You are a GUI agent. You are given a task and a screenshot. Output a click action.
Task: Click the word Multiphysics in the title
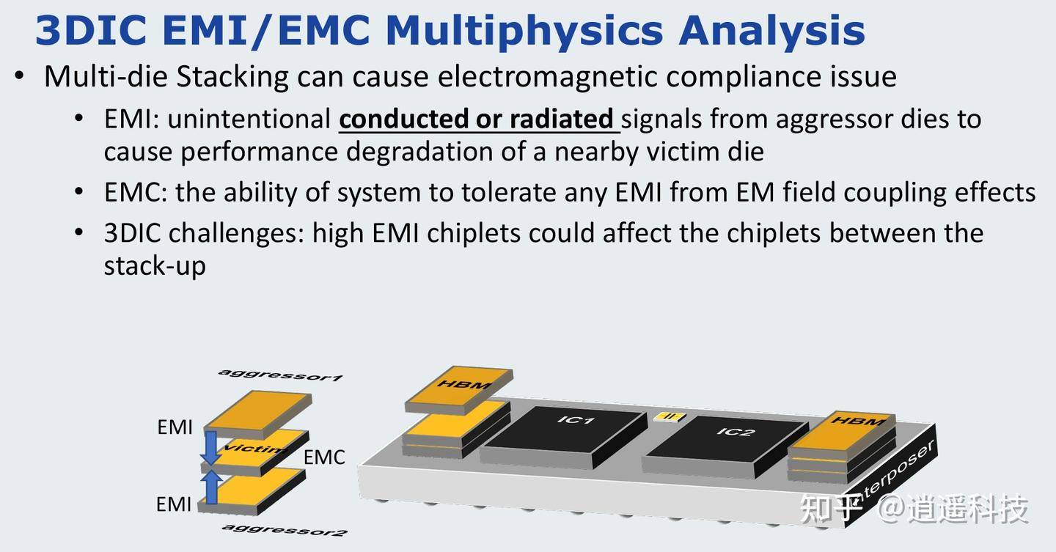[x=524, y=32]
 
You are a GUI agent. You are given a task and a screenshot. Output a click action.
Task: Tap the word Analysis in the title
[x=771, y=31]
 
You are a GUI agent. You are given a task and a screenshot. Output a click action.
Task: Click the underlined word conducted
[x=405, y=119]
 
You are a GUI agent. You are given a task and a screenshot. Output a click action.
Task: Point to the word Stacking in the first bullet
[x=232, y=77]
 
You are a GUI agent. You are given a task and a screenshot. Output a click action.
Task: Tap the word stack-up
[x=155, y=266]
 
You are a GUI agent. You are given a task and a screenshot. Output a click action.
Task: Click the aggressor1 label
[x=281, y=375]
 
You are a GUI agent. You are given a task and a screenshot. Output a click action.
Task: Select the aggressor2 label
[x=285, y=529]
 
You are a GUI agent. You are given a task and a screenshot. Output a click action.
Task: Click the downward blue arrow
[x=210, y=447]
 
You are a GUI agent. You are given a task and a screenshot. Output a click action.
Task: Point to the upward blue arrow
[x=211, y=487]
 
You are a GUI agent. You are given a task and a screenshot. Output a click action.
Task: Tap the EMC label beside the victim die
[x=324, y=457]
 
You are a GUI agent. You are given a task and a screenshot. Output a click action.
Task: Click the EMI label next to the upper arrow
[x=175, y=427]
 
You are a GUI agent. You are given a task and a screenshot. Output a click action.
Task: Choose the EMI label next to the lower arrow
[x=174, y=504]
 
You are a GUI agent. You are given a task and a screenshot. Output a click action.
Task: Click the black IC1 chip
[x=564, y=436]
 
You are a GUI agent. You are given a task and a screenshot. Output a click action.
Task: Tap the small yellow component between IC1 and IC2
[x=670, y=417]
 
